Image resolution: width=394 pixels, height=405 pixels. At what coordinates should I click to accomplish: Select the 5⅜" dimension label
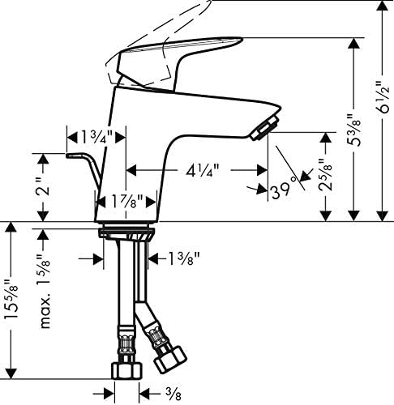click(354, 130)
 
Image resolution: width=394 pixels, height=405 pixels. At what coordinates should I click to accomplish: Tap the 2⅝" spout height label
click(325, 175)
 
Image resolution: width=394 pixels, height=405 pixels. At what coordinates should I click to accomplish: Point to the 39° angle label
click(282, 191)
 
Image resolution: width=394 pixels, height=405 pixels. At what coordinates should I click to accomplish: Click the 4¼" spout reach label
click(203, 171)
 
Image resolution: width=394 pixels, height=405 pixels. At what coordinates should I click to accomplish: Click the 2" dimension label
click(44, 186)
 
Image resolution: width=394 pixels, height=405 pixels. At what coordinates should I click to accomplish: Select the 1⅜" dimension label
click(184, 258)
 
